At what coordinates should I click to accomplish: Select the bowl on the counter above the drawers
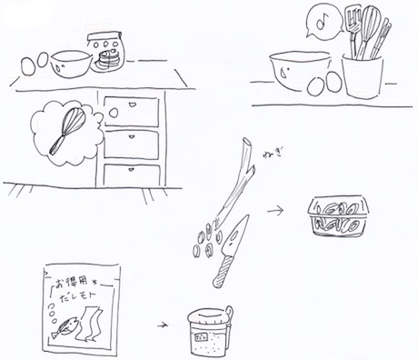point(71,62)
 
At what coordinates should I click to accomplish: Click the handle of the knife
point(221,268)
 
